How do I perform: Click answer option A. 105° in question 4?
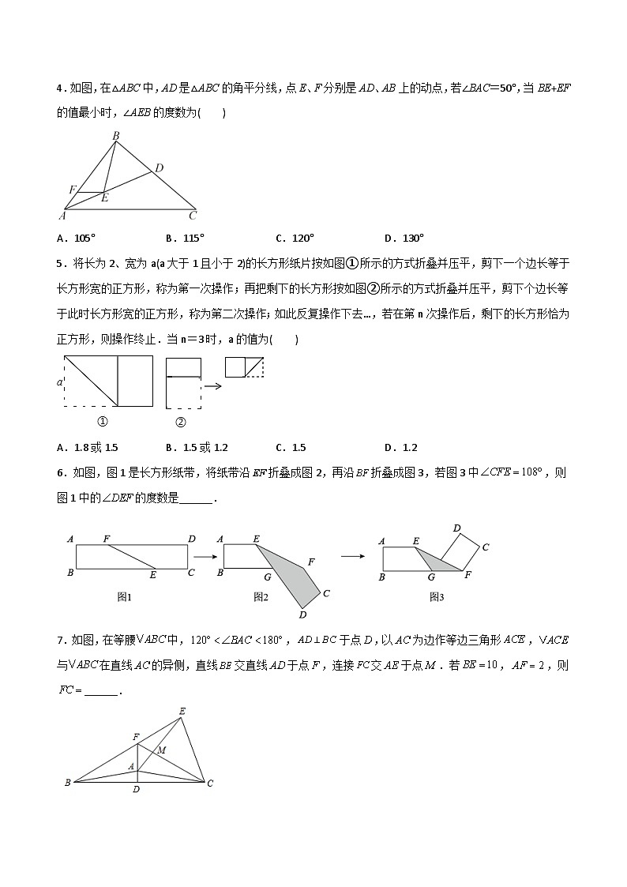point(76,238)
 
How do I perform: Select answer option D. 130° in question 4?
point(404,238)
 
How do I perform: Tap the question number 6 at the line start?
point(60,473)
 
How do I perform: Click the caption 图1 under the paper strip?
point(124,597)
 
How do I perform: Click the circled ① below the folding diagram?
point(101,422)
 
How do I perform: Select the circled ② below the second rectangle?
point(180,422)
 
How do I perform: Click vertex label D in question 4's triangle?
point(159,167)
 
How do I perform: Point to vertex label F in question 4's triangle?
point(72,190)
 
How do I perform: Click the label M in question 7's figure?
point(162,750)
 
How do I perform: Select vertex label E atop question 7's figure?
point(182,712)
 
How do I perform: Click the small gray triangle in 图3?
point(438,562)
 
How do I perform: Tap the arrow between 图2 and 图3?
point(351,556)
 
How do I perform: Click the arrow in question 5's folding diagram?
point(212,386)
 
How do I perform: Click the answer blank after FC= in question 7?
point(100,691)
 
